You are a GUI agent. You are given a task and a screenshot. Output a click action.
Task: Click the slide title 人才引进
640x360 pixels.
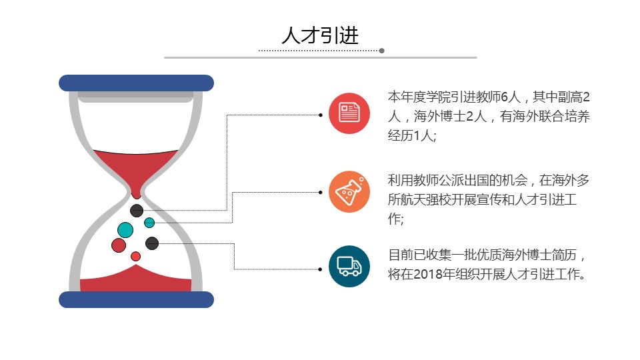coord(320,35)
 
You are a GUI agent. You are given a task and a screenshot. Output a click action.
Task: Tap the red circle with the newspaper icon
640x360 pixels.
coord(349,113)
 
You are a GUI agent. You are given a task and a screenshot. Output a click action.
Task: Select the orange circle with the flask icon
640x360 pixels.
coord(349,192)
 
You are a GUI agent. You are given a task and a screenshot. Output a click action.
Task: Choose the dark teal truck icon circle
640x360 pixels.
coord(349,267)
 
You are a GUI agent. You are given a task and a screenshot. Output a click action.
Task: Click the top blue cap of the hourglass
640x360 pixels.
coord(136,83)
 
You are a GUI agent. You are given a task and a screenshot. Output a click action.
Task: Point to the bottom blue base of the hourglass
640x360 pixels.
coord(136,299)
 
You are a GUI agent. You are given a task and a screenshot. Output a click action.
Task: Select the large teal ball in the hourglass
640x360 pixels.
coord(125,230)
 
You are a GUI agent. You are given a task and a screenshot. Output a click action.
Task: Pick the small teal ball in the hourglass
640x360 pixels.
coord(149,223)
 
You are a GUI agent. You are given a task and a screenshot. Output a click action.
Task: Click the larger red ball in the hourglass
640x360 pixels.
coord(119,245)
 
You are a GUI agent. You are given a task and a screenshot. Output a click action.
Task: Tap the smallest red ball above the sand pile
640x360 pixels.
coord(135,256)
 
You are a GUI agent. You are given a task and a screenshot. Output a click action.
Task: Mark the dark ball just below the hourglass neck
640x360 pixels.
coord(137,211)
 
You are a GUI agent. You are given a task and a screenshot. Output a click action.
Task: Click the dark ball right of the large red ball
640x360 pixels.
coord(152,243)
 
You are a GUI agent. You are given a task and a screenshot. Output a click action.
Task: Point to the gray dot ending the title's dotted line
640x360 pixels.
coord(381,51)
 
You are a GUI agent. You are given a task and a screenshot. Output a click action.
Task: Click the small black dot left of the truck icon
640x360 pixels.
coord(321,269)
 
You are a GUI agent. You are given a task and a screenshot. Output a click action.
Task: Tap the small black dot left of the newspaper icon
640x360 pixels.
coord(321,115)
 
